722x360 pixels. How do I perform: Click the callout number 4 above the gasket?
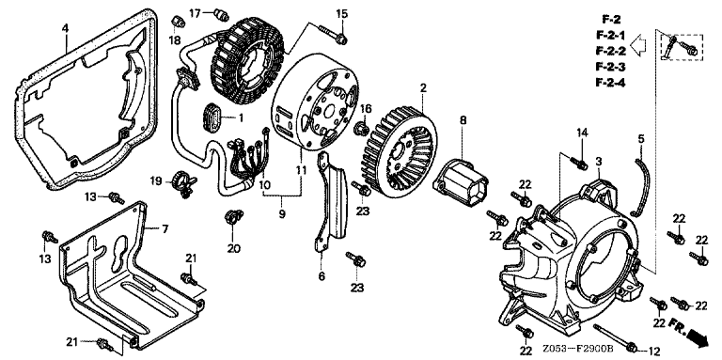pyautogui.click(x=66, y=28)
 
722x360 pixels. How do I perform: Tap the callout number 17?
pyautogui.click(x=195, y=13)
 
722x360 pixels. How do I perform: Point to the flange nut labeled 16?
pyautogui.click(x=362, y=128)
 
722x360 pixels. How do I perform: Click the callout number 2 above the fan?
pyautogui.click(x=423, y=87)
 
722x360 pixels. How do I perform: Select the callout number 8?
pyautogui.click(x=463, y=120)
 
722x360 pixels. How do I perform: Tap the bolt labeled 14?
pyautogui.click(x=578, y=162)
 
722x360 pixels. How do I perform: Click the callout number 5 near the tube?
pyautogui.click(x=641, y=138)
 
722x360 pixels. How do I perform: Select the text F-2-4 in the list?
pyautogui.click(x=610, y=83)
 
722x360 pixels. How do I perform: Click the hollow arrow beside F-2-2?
pyautogui.click(x=638, y=45)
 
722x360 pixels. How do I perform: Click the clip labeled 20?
pyautogui.click(x=233, y=216)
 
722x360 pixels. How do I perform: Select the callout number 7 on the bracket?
pyautogui.click(x=165, y=228)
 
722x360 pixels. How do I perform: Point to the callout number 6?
pyautogui.click(x=322, y=276)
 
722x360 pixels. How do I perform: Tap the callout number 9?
pyautogui.click(x=282, y=214)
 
